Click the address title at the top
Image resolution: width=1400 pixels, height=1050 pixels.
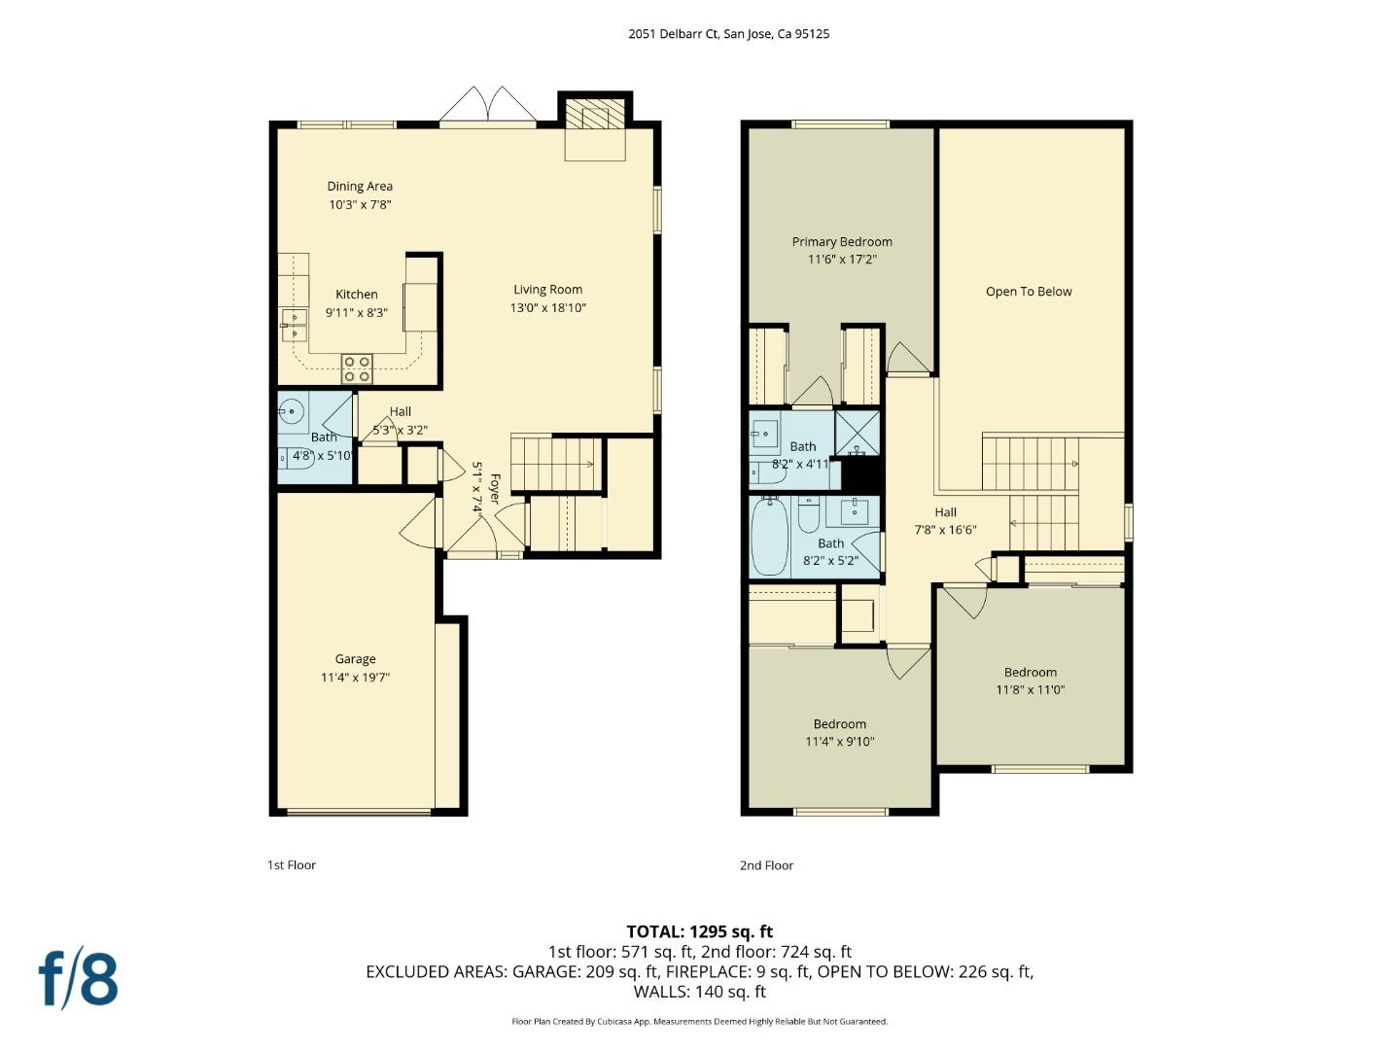coord(728,33)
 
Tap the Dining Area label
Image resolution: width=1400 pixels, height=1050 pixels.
coord(360,186)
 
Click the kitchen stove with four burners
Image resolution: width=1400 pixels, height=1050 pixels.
coord(357,369)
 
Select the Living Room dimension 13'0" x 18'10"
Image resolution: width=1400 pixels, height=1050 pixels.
coord(548,308)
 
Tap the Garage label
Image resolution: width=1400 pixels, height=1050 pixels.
coord(355,659)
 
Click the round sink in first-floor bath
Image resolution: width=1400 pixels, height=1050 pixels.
coord(291,412)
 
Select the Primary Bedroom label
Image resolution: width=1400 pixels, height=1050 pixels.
coord(842,241)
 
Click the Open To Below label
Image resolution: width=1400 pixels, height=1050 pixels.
coord(1029,292)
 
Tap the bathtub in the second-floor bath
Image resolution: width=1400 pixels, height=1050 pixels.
coord(770,536)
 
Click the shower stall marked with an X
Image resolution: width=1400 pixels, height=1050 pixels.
coord(857,434)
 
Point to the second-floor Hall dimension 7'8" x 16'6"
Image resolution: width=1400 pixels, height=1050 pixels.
coord(945,530)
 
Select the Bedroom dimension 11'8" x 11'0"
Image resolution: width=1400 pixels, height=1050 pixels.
coord(1031,690)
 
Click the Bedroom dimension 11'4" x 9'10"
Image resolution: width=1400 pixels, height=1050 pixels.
coord(840,742)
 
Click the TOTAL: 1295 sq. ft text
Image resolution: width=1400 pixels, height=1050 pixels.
coord(699,931)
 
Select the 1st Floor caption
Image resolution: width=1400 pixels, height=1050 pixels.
coord(292,865)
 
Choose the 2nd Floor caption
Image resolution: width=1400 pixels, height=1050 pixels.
coord(766,865)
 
